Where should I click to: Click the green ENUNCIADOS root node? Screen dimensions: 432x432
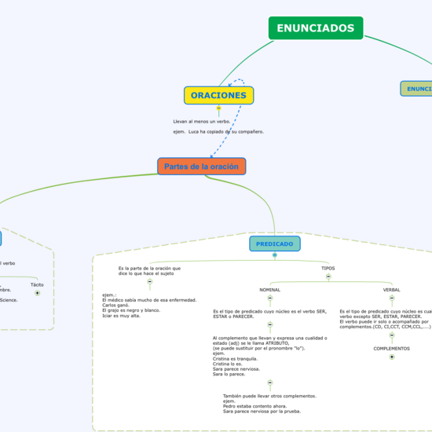pos(315,28)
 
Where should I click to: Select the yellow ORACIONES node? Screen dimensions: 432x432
pos(218,96)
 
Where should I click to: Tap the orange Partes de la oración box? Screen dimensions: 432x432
pos(201,167)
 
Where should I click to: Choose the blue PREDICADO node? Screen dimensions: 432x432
pos(274,244)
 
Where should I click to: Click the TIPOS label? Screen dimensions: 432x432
pos(328,269)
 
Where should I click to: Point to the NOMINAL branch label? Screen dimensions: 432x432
pos(269,290)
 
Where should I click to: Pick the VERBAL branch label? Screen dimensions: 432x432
pos(391,290)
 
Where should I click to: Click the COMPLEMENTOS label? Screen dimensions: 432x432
pos(391,349)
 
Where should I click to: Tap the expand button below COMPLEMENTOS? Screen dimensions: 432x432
pos(391,357)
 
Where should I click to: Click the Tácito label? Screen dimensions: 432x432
pos(37,284)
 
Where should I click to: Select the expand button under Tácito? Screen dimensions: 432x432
pos(37,293)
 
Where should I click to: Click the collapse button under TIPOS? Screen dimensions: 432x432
pos(328,276)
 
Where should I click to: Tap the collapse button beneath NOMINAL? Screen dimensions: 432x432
pos(269,298)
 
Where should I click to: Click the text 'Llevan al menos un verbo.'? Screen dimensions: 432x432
pos(202,122)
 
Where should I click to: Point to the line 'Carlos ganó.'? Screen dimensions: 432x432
pos(115,305)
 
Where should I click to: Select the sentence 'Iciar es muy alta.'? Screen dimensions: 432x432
pos(122,315)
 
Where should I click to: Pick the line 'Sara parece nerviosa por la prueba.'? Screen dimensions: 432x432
pos(262,411)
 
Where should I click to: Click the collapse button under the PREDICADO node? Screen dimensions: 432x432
pos(274,255)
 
